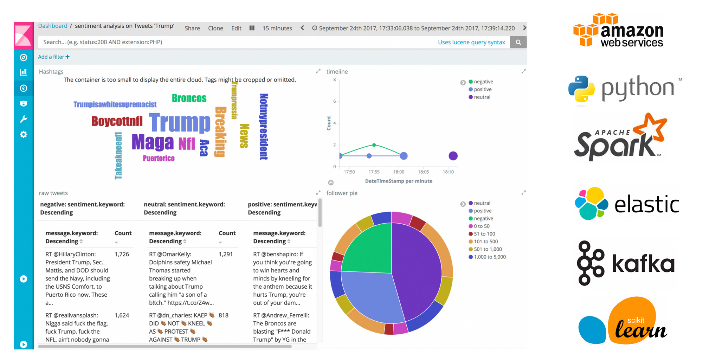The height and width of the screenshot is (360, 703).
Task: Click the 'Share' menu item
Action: pos(192,28)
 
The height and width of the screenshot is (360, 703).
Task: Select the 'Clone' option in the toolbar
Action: pos(215,28)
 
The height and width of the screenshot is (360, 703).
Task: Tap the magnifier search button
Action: pos(518,42)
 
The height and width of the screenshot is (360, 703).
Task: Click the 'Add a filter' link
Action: pos(54,57)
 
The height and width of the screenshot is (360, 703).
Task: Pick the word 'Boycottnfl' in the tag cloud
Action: pos(117,121)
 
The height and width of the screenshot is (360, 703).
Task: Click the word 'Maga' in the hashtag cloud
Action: pos(153,142)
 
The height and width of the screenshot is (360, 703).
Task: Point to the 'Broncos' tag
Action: pos(189,98)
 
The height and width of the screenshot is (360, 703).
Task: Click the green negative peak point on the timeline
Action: pos(374,145)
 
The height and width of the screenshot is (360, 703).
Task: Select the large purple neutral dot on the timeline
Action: pos(453,156)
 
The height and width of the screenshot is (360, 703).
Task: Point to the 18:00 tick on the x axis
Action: pos(399,172)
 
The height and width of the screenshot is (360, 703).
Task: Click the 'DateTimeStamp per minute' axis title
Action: pos(399,181)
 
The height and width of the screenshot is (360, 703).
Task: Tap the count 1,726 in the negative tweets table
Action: pos(122,254)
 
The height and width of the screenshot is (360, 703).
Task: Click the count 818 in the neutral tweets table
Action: pos(224,315)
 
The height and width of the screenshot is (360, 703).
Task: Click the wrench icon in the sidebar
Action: pos(24,119)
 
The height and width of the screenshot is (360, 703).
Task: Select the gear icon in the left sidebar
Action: pos(24,134)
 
